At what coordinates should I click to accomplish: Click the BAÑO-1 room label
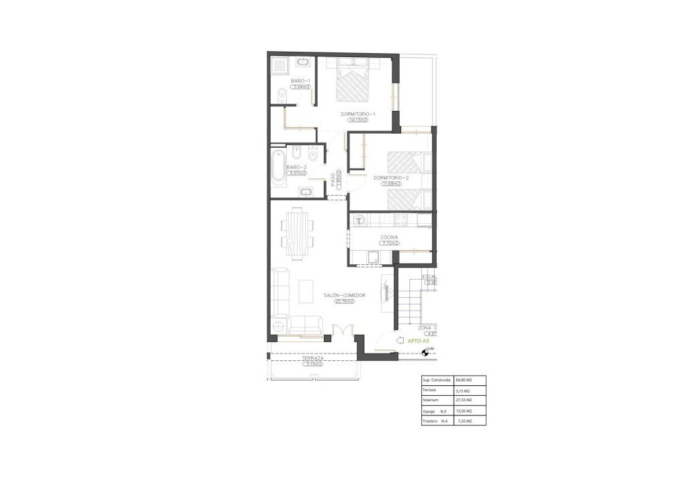tap(300, 81)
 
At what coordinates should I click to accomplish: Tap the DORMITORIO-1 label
tap(357, 114)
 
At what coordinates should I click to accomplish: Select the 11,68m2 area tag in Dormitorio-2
tap(391, 183)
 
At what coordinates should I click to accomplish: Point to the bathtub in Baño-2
tap(278, 167)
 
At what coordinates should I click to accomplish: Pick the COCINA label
tap(389, 237)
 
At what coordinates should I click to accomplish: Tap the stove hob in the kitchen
tap(400, 219)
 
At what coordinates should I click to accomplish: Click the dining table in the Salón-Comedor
tap(297, 235)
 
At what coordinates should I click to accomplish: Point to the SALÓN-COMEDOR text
tap(344, 295)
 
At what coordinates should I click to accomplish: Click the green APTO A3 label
tap(419, 341)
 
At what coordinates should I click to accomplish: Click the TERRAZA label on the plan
tap(313, 359)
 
